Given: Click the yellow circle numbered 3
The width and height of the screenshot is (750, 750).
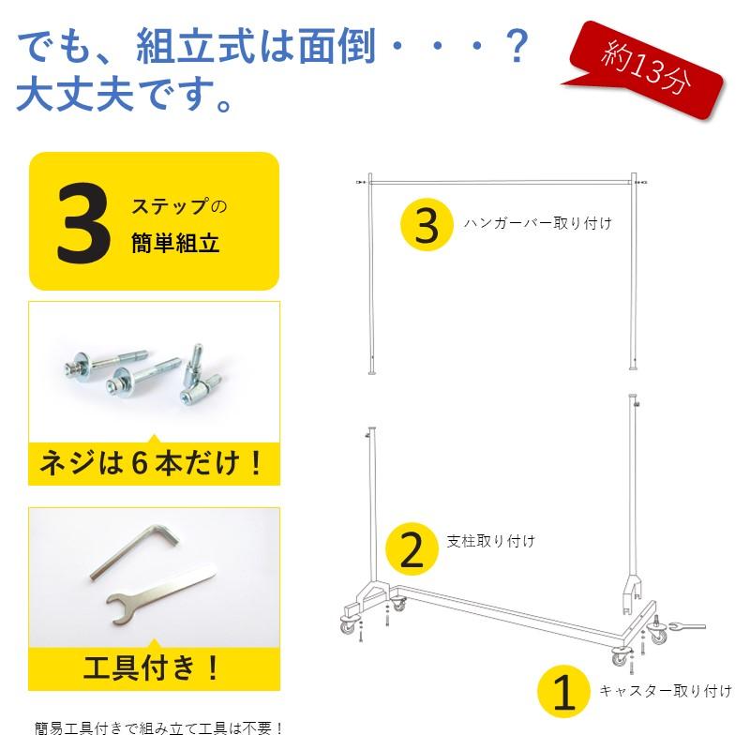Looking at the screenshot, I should [427, 225].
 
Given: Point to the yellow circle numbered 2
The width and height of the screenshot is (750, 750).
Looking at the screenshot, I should [412, 548].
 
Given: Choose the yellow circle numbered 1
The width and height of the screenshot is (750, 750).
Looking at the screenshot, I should [562, 694].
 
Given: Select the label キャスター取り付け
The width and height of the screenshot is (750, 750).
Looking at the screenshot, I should [665, 692].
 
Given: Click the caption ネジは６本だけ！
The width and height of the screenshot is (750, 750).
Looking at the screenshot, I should [154, 463].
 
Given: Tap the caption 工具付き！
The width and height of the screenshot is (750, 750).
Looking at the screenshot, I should [154, 668].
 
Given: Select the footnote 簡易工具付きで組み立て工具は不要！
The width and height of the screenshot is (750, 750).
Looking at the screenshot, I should [158, 727].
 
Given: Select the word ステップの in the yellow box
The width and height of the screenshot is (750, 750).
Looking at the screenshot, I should [179, 205].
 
